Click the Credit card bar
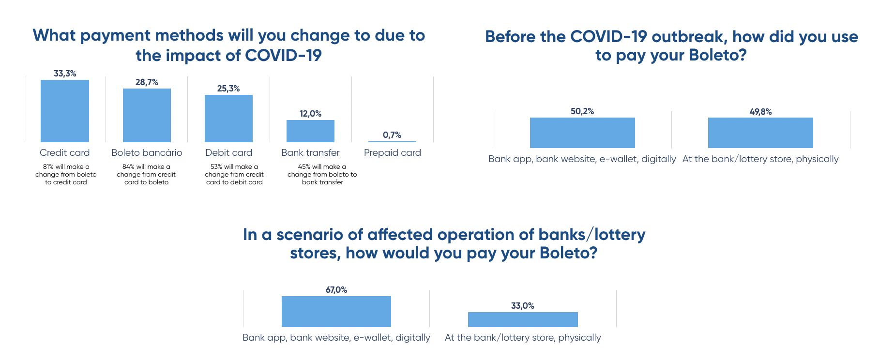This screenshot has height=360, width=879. click(x=65, y=111)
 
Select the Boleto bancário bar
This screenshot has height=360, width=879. click(x=147, y=115)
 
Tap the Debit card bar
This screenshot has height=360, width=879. click(x=228, y=119)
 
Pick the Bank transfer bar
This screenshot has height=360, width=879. click(x=310, y=131)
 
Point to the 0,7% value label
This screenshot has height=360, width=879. click(x=392, y=135)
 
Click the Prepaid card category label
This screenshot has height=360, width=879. click(x=393, y=153)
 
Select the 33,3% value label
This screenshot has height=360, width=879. click(x=65, y=74)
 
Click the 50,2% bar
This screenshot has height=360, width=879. click(x=582, y=133)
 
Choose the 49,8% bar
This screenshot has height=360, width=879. click(x=760, y=133)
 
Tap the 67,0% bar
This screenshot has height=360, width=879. click(x=336, y=312)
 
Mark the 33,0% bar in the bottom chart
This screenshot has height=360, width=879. click(x=523, y=319)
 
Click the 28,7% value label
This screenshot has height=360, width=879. click(x=147, y=82)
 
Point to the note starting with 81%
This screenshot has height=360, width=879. click(x=66, y=175)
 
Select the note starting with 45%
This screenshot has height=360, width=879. click(x=322, y=175)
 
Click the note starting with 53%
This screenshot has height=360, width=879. click(x=234, y=175)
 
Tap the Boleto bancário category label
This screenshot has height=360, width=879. click(x=147, y=153)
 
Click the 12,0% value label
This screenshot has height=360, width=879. click(x=310, y=114)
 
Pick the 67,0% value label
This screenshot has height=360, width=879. click(x=336, y=290)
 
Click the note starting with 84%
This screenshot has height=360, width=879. click(x=146, y=175)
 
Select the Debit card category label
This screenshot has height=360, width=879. click(x=228, y=153)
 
